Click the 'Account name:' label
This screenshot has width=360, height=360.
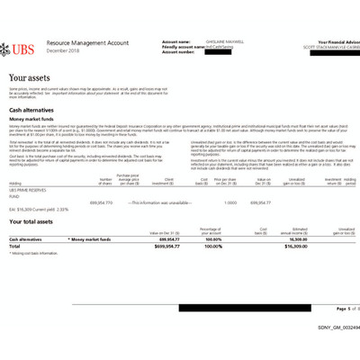click(x=176, y=41)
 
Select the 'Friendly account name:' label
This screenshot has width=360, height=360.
click(x=182, y=47)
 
